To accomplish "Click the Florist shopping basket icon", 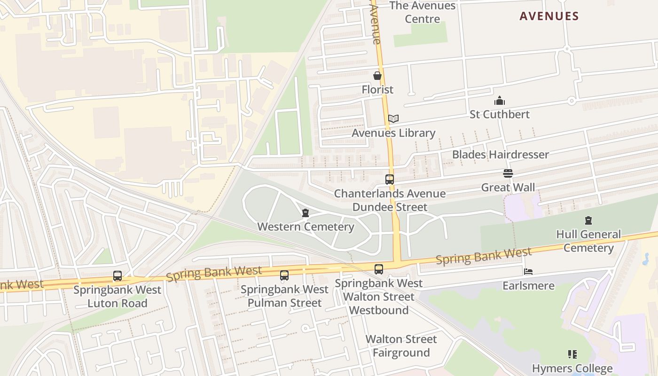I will coord(377,76).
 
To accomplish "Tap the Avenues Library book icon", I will coord(393,119).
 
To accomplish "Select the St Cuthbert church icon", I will coord(499,101).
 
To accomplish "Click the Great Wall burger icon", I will coord(508,173).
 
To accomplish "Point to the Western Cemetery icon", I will coord(305,213).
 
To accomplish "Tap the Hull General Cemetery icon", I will coord(588,220).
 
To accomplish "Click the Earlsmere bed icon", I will coord(528,272).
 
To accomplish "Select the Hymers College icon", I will coord(572,354).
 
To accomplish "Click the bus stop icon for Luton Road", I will coord(117,276).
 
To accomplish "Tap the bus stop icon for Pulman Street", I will coord(284,275).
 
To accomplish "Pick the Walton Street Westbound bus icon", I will coord(379,269).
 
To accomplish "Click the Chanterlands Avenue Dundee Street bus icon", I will coord(390,180).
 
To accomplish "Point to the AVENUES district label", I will coord(549,16).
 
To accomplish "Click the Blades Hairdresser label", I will coord(500,155).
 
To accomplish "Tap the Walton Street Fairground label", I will coord(401,346).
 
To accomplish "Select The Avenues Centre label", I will coord(423,12).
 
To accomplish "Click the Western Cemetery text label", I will coord(305,227).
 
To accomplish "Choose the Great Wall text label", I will coord(508,188).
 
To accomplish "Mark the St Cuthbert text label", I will coord(500,114).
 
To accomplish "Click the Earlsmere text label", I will coord(528,286).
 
